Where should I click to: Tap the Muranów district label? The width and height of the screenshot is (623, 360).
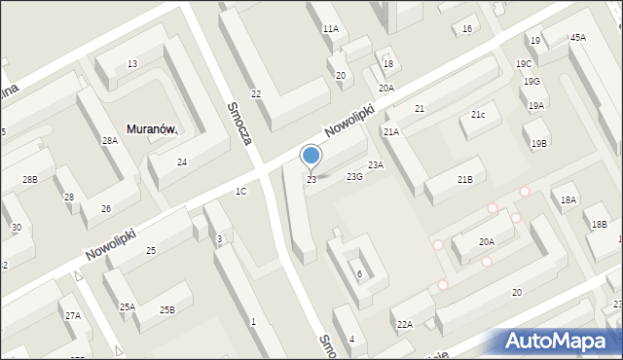click(150, 128)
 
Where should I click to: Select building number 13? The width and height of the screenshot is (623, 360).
click(131, 64)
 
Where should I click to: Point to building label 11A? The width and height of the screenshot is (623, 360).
click(331, 29)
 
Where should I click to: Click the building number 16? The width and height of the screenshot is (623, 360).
click(467, 29)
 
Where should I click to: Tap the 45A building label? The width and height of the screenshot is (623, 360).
click(578, 37)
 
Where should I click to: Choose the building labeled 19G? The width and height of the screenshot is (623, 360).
click(531, 82)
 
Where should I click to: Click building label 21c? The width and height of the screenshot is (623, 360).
click(478, 115)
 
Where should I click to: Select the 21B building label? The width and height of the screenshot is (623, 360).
click(465, 179)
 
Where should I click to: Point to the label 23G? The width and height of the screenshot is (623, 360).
click(354, 176)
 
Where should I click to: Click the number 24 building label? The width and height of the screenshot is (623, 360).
click(182, 162)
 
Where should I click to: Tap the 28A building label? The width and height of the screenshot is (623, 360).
click(110, 141)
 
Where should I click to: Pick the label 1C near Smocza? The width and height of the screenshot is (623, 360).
click(240, 191)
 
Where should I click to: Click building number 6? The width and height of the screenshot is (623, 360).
click(359, 273)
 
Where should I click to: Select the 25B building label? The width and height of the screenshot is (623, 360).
click(167, 309)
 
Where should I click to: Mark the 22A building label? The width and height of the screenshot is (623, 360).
click(404, 324)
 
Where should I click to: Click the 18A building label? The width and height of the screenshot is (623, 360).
click(568, 199)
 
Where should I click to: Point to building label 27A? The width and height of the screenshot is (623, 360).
click(73, 315)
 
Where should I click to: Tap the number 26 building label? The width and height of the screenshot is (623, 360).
click(106, 209)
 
